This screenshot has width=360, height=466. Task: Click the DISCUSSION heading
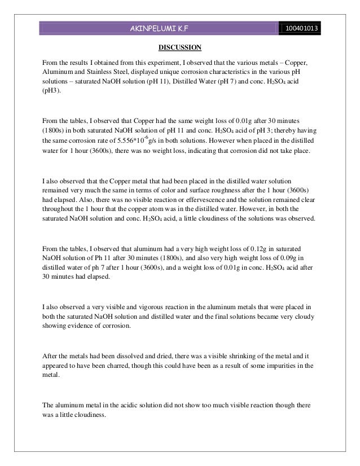point(179,46)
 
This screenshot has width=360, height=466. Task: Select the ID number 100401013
point(302,28)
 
